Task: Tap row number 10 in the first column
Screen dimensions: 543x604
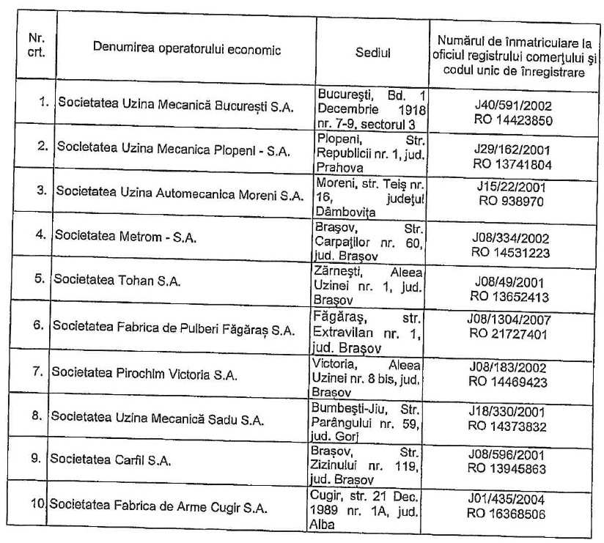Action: coord(43,506)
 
